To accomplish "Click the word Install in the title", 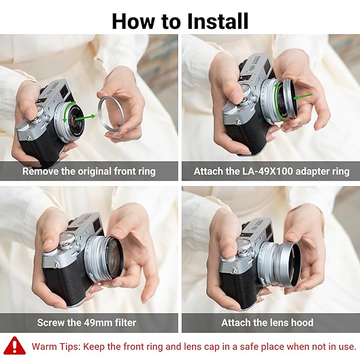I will pyautogui.click(x=213, y=21).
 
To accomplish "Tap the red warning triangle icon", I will pyautogui.click(x=14, y=346).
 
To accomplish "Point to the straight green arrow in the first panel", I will pyautogui.click(x=89, y=116).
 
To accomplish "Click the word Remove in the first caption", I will pyautogui.click(x=41, y=171).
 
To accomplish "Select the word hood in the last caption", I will pyautogui.click(x=301, y=323).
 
